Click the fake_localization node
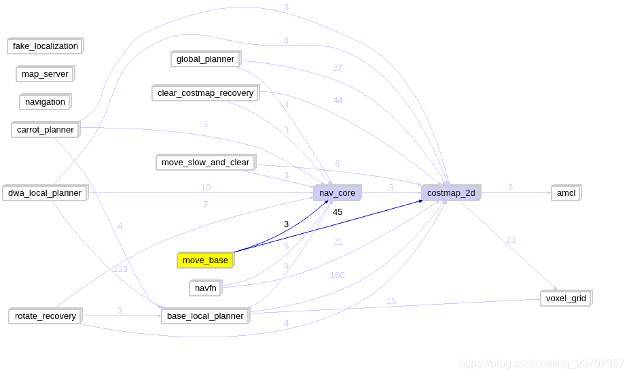pyautogui.click(x=45, y=46)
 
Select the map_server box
pyautogui.click(x=45, y=74)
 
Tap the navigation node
pyautogui.click(x=45, y=102)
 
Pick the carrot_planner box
pyautogui.click(x=45, y=130)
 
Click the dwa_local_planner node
pyautogui.click(x=45, y=193)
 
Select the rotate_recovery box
pyautogui.click(x=45, y=316)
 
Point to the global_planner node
pyautogui.click(x=205, y=59)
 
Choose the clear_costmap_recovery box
pyautogui.click(x=205, y=93)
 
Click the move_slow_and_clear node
pyautogui.click(x=205, y=163)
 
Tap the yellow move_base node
pyautogui.click(x=205, y=260)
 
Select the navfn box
pyautogui.click(x=205, y=288)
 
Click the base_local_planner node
pyautogui.click(x=205, y=316)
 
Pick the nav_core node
pyautogui.click(x=337, y=193)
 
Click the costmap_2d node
pyautogui.click(x=451, y=193)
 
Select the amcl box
pyautogui.click(x=566, y=193)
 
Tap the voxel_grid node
pyautogui.click(x=566, y=298)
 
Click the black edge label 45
pyautogui.click(x=338, y=212)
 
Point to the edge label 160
pyautogui.click(x=337, y=275)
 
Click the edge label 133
pyautogui.click(x=120, y=269)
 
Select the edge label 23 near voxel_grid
pyautogui.click(x=511, y=240)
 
